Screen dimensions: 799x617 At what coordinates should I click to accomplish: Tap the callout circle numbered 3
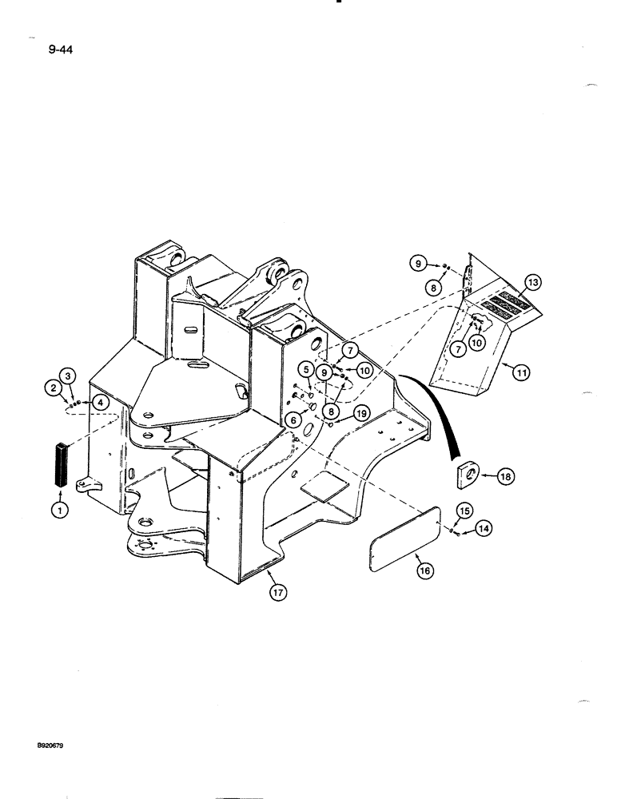tap(69, 376)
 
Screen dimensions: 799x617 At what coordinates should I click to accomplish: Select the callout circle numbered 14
tap(482, 528)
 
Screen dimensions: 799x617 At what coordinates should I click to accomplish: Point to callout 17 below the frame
tap(277, 593)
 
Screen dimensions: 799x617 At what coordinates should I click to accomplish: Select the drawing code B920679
tap(50, 744)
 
